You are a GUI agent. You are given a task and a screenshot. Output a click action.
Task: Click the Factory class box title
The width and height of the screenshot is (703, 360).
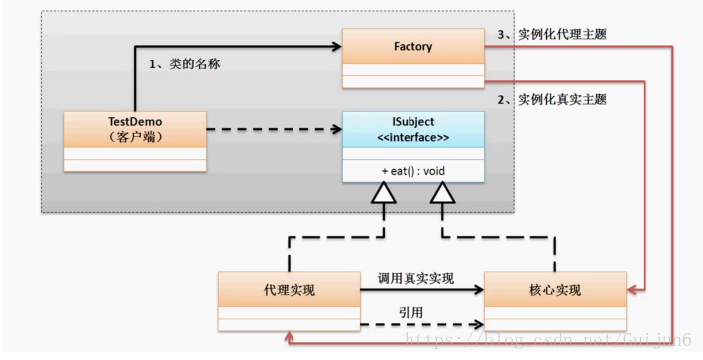(412, 46)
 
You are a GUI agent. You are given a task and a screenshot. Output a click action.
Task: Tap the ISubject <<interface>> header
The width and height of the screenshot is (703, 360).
(413, 129)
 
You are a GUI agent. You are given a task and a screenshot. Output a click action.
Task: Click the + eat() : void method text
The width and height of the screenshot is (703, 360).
(413, 171)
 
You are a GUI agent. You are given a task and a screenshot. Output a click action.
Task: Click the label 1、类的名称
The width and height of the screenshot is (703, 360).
(184, 63)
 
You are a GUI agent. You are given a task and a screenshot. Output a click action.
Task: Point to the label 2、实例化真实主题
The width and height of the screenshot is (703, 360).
(550, 100)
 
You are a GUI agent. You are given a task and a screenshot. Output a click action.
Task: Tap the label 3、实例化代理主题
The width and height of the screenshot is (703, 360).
(550, 34)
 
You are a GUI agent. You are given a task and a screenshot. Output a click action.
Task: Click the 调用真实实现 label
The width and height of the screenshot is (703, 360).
(416, 279)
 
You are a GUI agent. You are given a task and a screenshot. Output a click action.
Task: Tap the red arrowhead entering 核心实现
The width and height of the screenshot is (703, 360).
(634, 290)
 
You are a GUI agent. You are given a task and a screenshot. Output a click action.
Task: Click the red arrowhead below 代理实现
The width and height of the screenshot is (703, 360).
(289, 337)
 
